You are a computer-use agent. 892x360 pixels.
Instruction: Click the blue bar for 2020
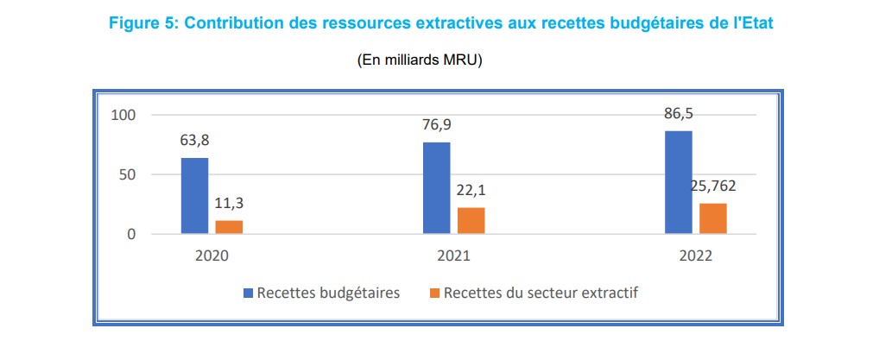tap(194, 196)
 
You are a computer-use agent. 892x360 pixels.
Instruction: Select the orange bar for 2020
tap(229, 227)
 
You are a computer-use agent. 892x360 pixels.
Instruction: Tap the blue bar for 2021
tap(436, 188)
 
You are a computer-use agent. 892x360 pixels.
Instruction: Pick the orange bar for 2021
tap(471, 220)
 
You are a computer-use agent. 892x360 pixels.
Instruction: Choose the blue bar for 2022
tap(678, 182)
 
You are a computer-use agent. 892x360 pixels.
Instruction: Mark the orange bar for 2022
tap(712, 218)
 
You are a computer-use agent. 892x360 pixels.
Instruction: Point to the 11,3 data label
tap(229, 205)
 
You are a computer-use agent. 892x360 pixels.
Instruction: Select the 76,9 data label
tap(436, 125)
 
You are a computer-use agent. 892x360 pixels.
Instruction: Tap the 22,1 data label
tap(471, 192)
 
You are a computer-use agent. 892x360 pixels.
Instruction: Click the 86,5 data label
tap(678, 114)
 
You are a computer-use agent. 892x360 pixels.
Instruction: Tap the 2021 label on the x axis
tap(453, 257)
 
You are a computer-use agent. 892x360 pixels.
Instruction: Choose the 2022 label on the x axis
tap(695, 257)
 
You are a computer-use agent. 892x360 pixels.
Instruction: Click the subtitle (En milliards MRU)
tap(420, 60)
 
